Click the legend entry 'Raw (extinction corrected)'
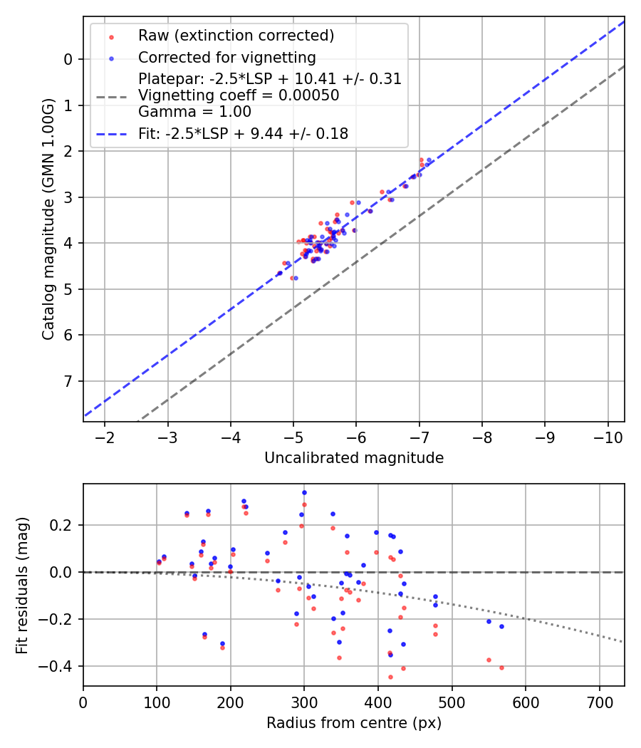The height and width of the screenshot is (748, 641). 236,35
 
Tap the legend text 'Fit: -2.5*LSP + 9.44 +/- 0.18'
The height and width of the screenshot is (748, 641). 243,133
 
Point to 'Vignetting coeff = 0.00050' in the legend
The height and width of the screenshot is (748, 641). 239,95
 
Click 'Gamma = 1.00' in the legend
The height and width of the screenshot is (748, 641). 194,111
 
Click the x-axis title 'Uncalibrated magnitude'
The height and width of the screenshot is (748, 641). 354,458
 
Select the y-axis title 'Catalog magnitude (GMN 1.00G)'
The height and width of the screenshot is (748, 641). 48,219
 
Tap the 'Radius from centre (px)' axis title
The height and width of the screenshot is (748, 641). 354,723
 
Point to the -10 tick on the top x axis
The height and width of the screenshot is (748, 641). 608,437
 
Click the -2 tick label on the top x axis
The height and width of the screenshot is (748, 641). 105,437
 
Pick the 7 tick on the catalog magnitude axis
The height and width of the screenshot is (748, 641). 68,381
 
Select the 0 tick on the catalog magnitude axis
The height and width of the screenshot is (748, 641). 68,59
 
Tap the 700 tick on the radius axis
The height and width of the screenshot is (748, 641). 599,702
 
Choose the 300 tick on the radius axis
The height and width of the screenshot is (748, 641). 304,702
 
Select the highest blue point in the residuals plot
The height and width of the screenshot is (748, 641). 304,492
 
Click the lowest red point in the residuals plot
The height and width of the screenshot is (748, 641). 390,677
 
